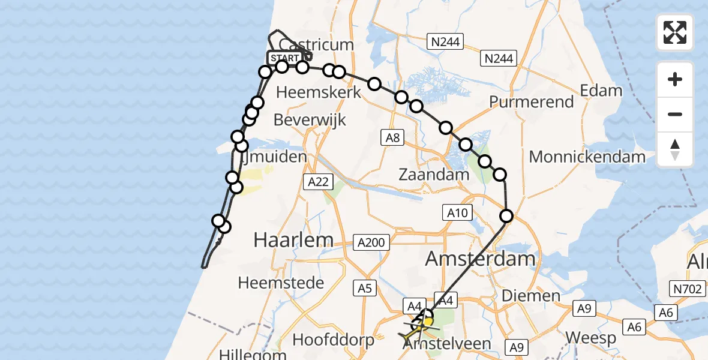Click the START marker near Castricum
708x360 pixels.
click(x=284, y=58)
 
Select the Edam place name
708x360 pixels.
click(x=601, y=91)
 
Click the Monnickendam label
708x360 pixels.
click(x=587, y=157)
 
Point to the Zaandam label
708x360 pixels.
click(x=434, y=175)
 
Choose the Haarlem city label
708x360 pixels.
click(x=293, y=240)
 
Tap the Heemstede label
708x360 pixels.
click(x=281, y=283)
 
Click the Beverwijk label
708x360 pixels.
click(x=310, y=119)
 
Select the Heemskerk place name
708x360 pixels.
click(x=318, y=92)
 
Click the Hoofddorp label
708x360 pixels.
click(x=333, y=340)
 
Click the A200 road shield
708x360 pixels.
click(x=373, y=242)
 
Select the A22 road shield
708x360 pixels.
click(x=318, y=182)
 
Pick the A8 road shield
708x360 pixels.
click(x=392, y=138)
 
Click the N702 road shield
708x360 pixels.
click(x=687, y=290)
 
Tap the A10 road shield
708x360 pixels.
click(x=457, y=212)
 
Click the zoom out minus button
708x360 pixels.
click(x=675, y=114)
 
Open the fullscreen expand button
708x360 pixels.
click(x=675, y=32)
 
